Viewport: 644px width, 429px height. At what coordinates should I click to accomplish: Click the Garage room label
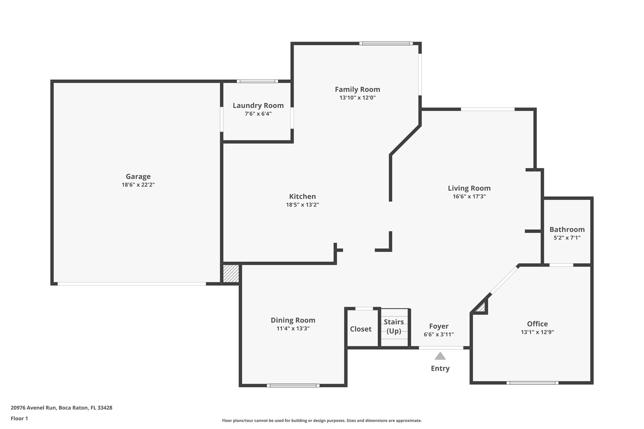(x=138, y=177)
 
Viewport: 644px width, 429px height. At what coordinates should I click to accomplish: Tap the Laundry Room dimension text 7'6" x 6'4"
(x=258, y=114)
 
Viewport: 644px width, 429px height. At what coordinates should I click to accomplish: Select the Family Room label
(x=357, y=90)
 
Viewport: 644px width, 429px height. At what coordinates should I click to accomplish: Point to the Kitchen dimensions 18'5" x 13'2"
(x=302, y=205)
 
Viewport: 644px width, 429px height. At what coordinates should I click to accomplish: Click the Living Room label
(x=469, y=188)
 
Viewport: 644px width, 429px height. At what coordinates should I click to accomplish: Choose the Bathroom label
(x=567, y=229)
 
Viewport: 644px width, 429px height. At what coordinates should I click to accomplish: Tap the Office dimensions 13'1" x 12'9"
(x=537, y=332)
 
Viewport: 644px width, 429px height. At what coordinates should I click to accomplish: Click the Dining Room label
(x=293, y=320)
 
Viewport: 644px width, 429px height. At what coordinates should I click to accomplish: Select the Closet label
(x=360, y=329)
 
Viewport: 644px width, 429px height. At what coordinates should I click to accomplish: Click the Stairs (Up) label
(x=393, y=326)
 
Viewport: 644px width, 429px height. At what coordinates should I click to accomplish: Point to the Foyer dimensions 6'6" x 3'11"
(x=438, y=334)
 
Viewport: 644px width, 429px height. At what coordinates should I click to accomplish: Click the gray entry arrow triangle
(x=440, y=356)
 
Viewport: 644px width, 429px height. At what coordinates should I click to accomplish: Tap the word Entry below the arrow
(x=440, y=368)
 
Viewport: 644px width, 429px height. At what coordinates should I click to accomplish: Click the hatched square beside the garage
(x=231, y=274)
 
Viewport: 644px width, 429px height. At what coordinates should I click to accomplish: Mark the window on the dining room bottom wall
(x=293, y=385)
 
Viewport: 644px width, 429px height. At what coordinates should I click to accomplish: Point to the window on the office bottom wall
(x=532, y=383)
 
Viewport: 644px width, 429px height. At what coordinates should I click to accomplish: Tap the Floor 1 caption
(x=19, y=418)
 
